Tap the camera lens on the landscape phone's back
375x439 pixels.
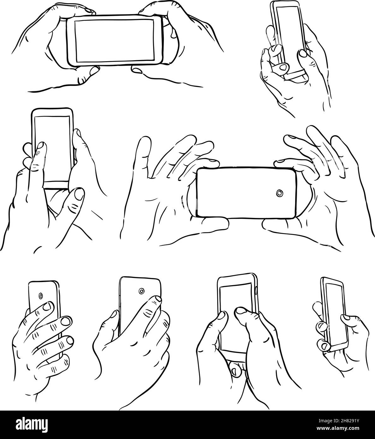(x=279, y=193)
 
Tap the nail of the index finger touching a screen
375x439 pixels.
(x=40, y=146)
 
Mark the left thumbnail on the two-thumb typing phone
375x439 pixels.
(x=222, y=314)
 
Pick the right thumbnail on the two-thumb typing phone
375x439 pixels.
(x=241, y=311)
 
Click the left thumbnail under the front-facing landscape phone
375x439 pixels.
(x=94, y=71)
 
